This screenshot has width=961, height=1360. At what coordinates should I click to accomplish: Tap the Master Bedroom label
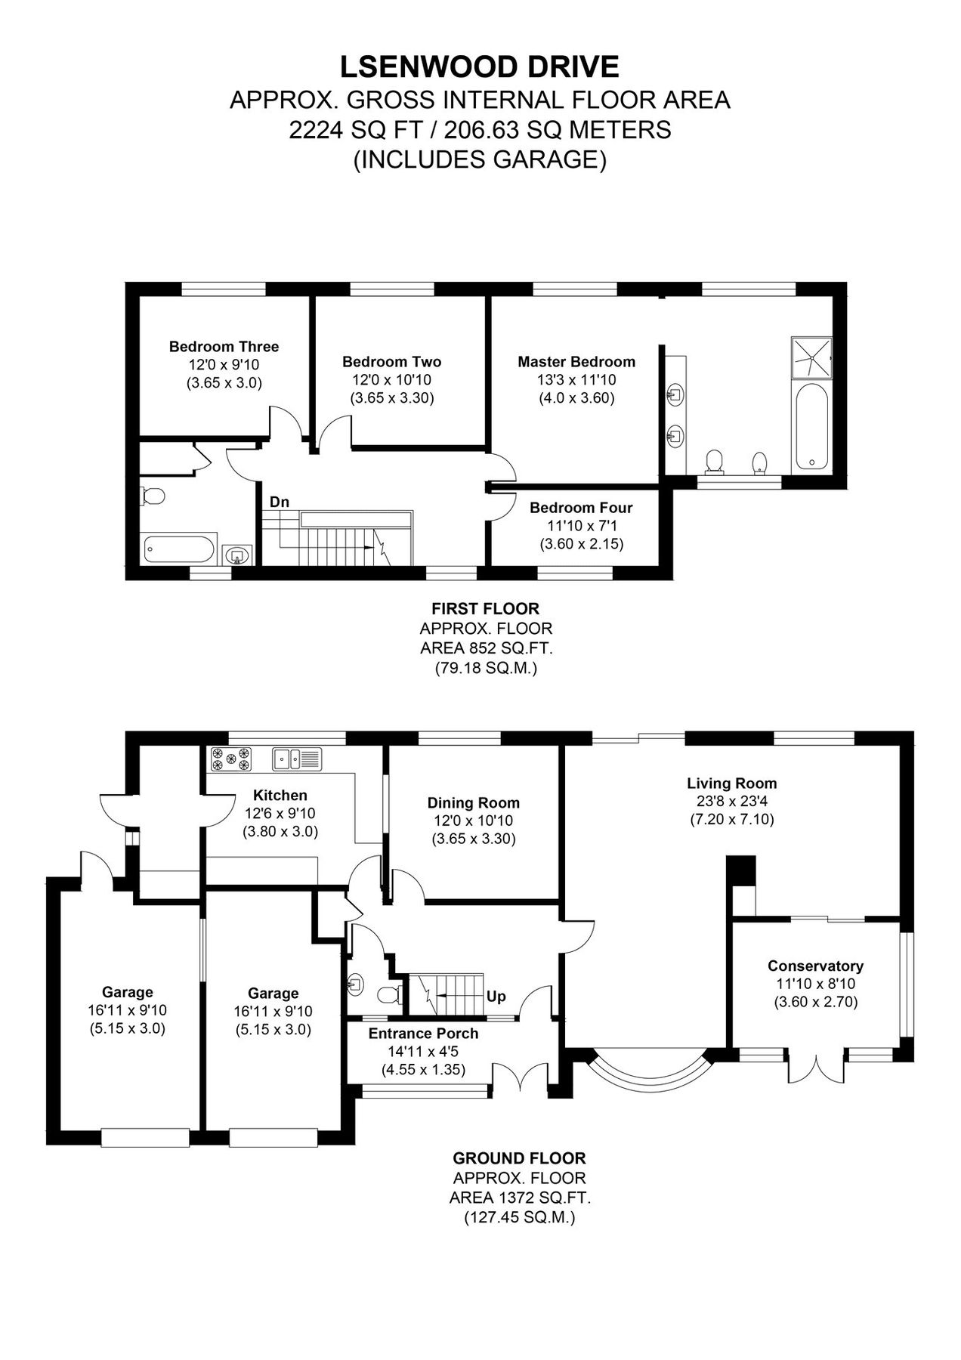(576, 362)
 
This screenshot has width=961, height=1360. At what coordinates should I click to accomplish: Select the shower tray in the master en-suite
(811, 356)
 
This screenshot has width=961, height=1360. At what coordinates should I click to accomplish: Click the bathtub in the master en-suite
(811, 427)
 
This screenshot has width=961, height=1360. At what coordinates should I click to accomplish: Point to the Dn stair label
(280, 502)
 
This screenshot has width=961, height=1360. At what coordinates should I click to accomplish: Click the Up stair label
(496, 997)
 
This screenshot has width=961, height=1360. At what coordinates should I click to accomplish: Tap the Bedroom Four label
(580, 508)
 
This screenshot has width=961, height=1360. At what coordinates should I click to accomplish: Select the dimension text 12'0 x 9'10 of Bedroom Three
(224, 365)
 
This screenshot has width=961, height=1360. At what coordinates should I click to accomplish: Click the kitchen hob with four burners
(230, 759)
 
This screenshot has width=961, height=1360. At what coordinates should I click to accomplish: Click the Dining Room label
(473, 803)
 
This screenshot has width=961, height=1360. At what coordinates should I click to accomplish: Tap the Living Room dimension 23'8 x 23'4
(731, 802)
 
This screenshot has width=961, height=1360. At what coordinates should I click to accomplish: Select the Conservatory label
(814, 966)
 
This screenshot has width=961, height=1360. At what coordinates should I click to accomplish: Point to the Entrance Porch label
(423, 1033)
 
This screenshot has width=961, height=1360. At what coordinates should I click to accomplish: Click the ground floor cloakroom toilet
(388, 995)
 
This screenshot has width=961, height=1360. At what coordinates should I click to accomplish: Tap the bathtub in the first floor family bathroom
(179, 549)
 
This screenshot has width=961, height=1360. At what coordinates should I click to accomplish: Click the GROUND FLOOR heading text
(518, 1158)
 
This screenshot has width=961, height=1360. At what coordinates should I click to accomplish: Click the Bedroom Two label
(391, 362)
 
